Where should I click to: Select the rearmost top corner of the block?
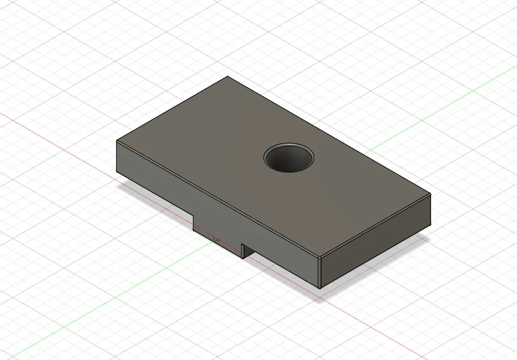point(227,76)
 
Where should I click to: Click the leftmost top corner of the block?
point(117,141)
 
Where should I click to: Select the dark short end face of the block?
point(376,243)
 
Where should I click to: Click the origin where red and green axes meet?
point(215,239)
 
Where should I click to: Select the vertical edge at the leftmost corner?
point(117,156)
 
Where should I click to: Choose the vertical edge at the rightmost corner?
point(431,210)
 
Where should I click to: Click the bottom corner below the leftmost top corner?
point(117,172)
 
